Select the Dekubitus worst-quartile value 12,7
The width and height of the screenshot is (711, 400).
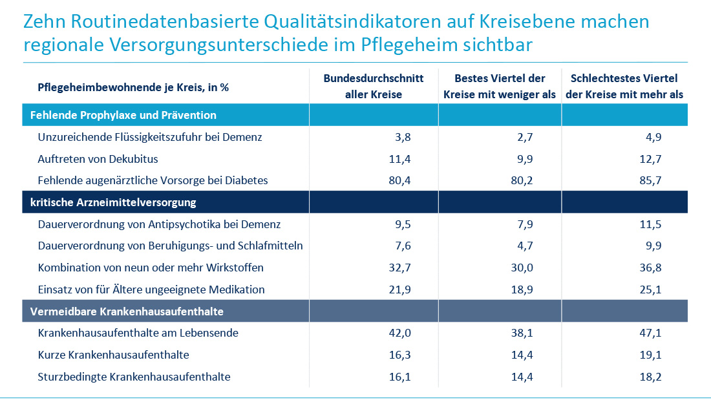[x=650, y=159]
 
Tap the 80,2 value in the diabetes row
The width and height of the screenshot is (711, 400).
[x=522, y=181]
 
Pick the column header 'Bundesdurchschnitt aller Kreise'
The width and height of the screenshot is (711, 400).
[x=374, y=87]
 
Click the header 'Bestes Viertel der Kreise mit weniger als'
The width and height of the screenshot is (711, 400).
[x=500, y=87]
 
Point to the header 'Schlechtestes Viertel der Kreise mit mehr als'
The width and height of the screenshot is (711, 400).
[x=624, y=87]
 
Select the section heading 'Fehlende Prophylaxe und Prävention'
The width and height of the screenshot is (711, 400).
[x=123, y=116]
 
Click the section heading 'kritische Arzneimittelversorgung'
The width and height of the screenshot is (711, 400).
[x=113, y=203]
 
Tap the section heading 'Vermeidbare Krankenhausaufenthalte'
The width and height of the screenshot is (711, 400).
[x=127, y=311]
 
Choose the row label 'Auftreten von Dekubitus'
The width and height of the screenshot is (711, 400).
[x=98, y=159]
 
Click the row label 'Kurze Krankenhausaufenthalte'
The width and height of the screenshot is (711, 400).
[x=113, y=355]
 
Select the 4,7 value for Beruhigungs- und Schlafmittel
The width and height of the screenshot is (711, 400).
[x=524, y=246]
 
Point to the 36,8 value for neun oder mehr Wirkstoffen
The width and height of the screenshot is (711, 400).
[x=650, y=268]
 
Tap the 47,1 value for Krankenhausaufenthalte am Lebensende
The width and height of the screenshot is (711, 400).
[x=650, y=333]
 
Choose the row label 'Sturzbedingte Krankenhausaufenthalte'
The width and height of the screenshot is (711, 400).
[x=134, y=377]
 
